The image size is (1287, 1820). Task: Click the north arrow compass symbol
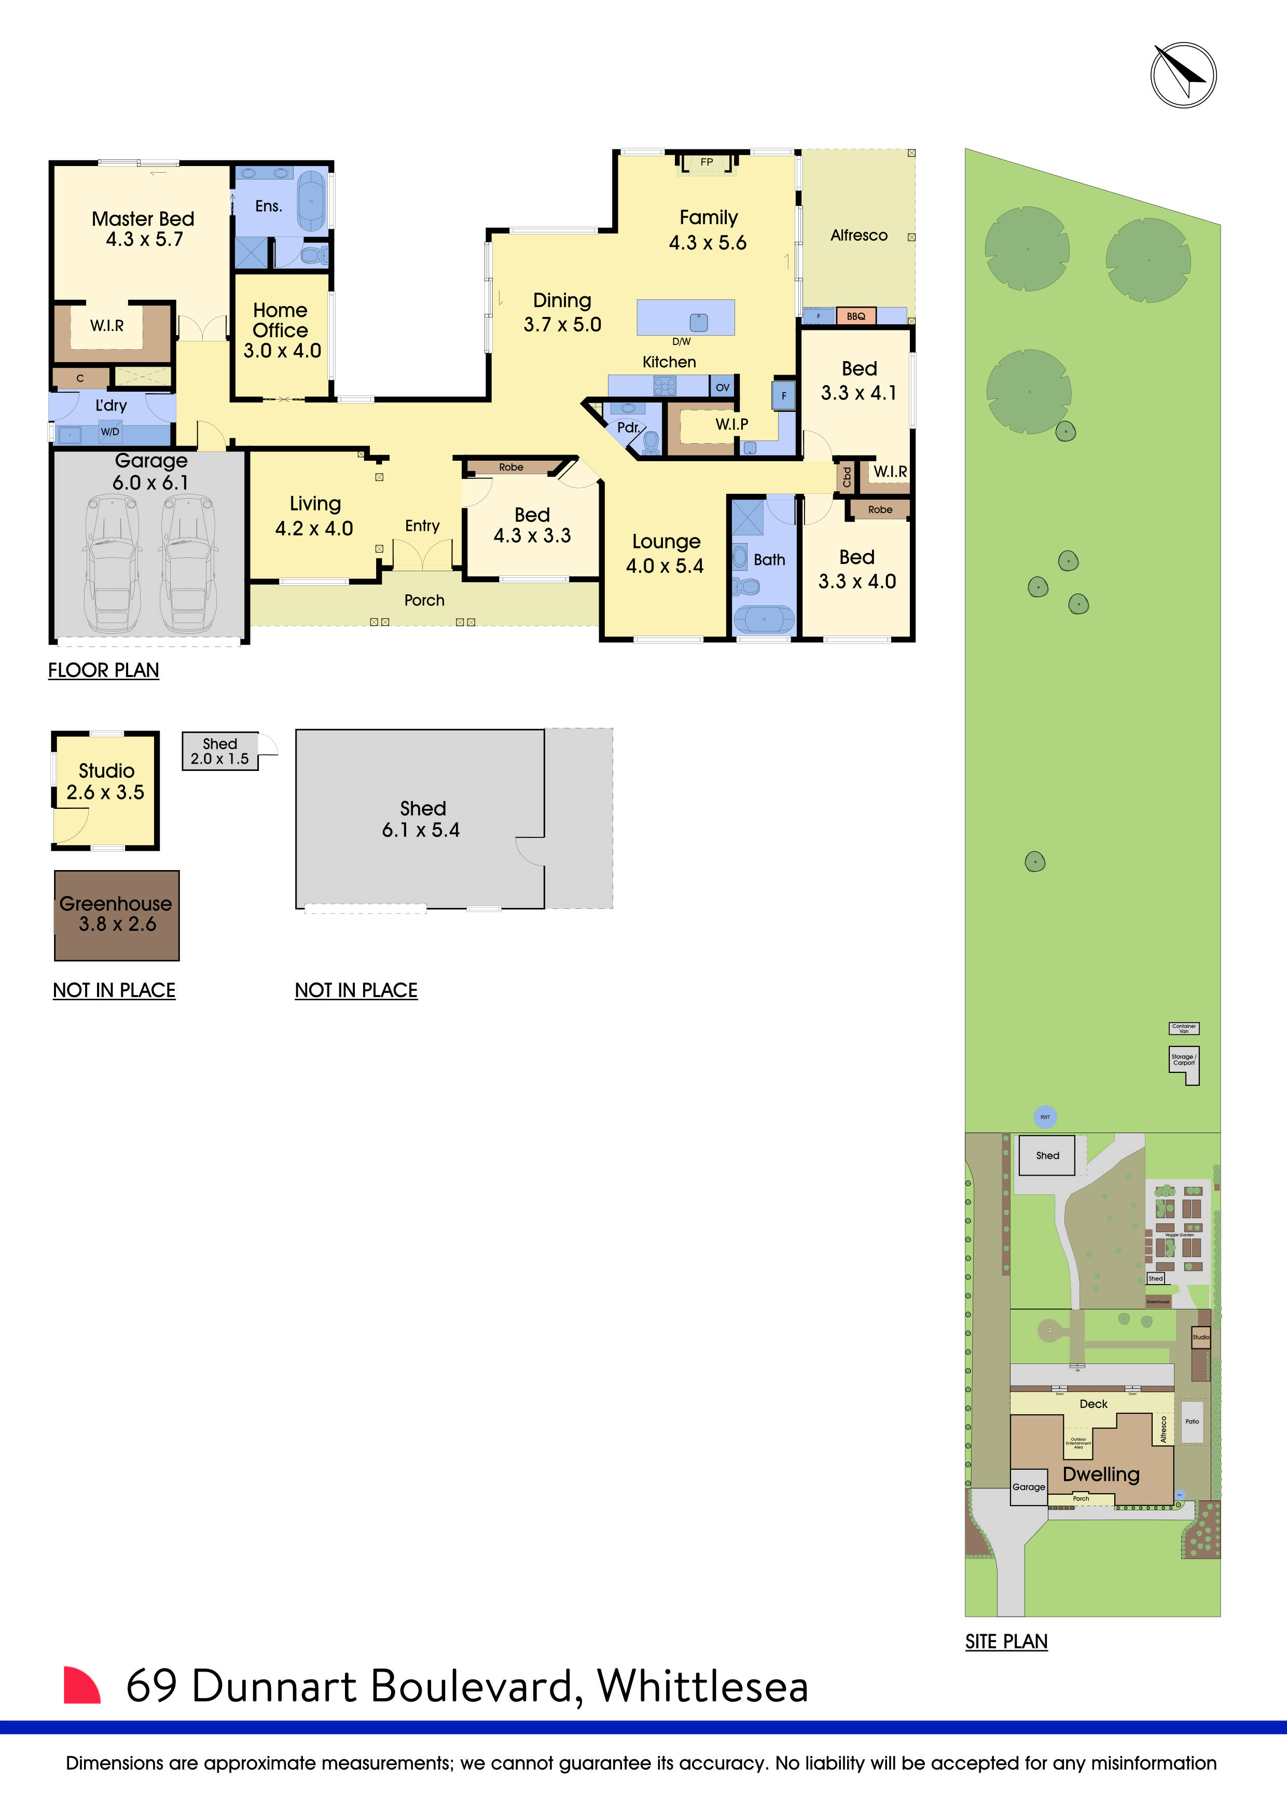[x=1183, y=75]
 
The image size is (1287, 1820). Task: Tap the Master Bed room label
[x=143, y=219]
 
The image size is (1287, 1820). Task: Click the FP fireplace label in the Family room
[x=706, y=162]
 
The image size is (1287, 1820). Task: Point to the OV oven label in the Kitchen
[x=722, y=388]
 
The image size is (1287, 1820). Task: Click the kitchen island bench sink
[x=698, y=322]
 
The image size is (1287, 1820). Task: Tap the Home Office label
[x=281, y=320]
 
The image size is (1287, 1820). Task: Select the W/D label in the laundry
[x=110, y=432]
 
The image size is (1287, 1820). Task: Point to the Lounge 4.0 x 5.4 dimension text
[x=665, y=566]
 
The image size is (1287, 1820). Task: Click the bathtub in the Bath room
[x=763, y=618]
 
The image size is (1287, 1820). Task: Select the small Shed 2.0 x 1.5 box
[x=219, y=751]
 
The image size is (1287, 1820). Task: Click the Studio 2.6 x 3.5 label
[x=106, y=781]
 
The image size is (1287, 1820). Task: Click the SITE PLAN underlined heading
[x=1006, y=1641]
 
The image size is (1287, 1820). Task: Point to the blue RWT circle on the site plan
[x=1045, y=1117]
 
